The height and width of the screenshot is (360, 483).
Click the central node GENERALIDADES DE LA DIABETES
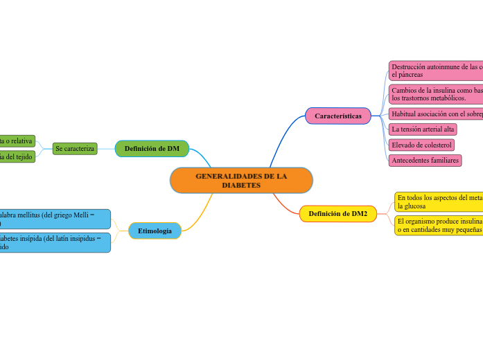point(241,180)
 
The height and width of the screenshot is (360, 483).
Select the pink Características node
point(337,116)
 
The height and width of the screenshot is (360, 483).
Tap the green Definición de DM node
point(152,148)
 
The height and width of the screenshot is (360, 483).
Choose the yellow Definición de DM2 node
point(337,214)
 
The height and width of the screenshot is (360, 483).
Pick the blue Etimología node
point(155,231)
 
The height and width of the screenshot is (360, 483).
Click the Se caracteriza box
point(75,148)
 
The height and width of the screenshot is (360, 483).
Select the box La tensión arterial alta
point(423,129)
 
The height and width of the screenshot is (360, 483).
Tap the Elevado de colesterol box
point(421,145)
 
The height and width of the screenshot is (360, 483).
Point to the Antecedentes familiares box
point(425,160)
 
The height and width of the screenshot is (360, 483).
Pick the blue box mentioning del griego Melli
point(54,219)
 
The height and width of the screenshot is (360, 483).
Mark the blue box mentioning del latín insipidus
point(54,242)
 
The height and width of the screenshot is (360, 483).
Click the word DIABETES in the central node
point(241,186)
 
